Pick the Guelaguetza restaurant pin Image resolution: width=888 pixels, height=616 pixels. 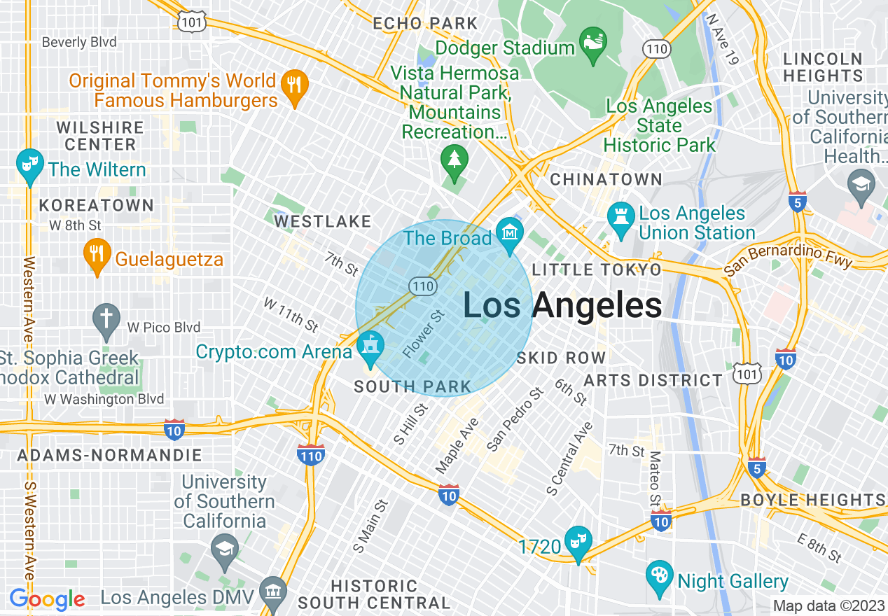[x=97, y=256]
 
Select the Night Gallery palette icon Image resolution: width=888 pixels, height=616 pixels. [x=659, y=578]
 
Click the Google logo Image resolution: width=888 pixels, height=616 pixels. [x=47, y=599]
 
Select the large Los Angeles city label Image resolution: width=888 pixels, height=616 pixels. [x=562, y=306]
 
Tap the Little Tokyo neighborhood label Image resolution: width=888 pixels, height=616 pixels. [x=596, y=269]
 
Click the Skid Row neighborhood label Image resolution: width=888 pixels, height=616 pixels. [x=561, y=358]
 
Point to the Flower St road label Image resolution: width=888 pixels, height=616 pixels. [x=424, y=335]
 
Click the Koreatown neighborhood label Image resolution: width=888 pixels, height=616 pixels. [x=96, y=205]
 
